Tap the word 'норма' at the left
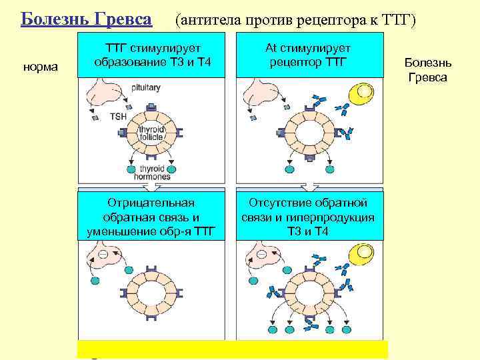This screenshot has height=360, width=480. (x=41, y=67)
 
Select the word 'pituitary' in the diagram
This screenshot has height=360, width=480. (x=144, y=88)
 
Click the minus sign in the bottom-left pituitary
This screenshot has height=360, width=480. (x=103, y=255)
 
